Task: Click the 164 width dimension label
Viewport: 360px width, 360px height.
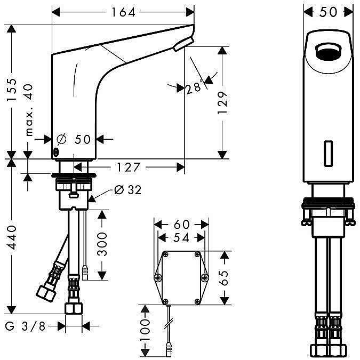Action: (x=123, y=12)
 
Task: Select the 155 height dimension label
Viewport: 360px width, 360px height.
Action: (x=12, y=90)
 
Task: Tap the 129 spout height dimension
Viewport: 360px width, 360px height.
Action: (x=222, y=102)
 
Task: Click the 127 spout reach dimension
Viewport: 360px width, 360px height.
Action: (x=128, y=167)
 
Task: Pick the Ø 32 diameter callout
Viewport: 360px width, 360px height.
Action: (x=128, y=190)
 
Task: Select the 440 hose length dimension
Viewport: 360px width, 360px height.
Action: (x=12, y=238)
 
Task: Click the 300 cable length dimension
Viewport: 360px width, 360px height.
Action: (x=102, y=244)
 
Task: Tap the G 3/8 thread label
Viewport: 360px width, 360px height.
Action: (x=25, y=326)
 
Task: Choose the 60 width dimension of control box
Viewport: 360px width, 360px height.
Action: (x=182, y=225)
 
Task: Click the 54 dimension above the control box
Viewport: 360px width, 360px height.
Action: (x=181, y=238)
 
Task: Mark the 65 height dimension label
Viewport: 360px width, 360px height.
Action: (x=224, y=278)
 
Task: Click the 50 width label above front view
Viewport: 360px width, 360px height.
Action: (x=328, y=12)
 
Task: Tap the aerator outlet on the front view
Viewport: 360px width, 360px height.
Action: (x=329, y=51)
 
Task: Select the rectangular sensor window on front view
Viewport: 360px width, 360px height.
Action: (x=329, y=153)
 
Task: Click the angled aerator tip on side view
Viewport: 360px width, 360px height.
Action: (x=183, y=44)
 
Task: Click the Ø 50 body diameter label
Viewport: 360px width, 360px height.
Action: (x=74, y=139)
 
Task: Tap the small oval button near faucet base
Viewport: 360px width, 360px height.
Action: (x=56, y=152)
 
